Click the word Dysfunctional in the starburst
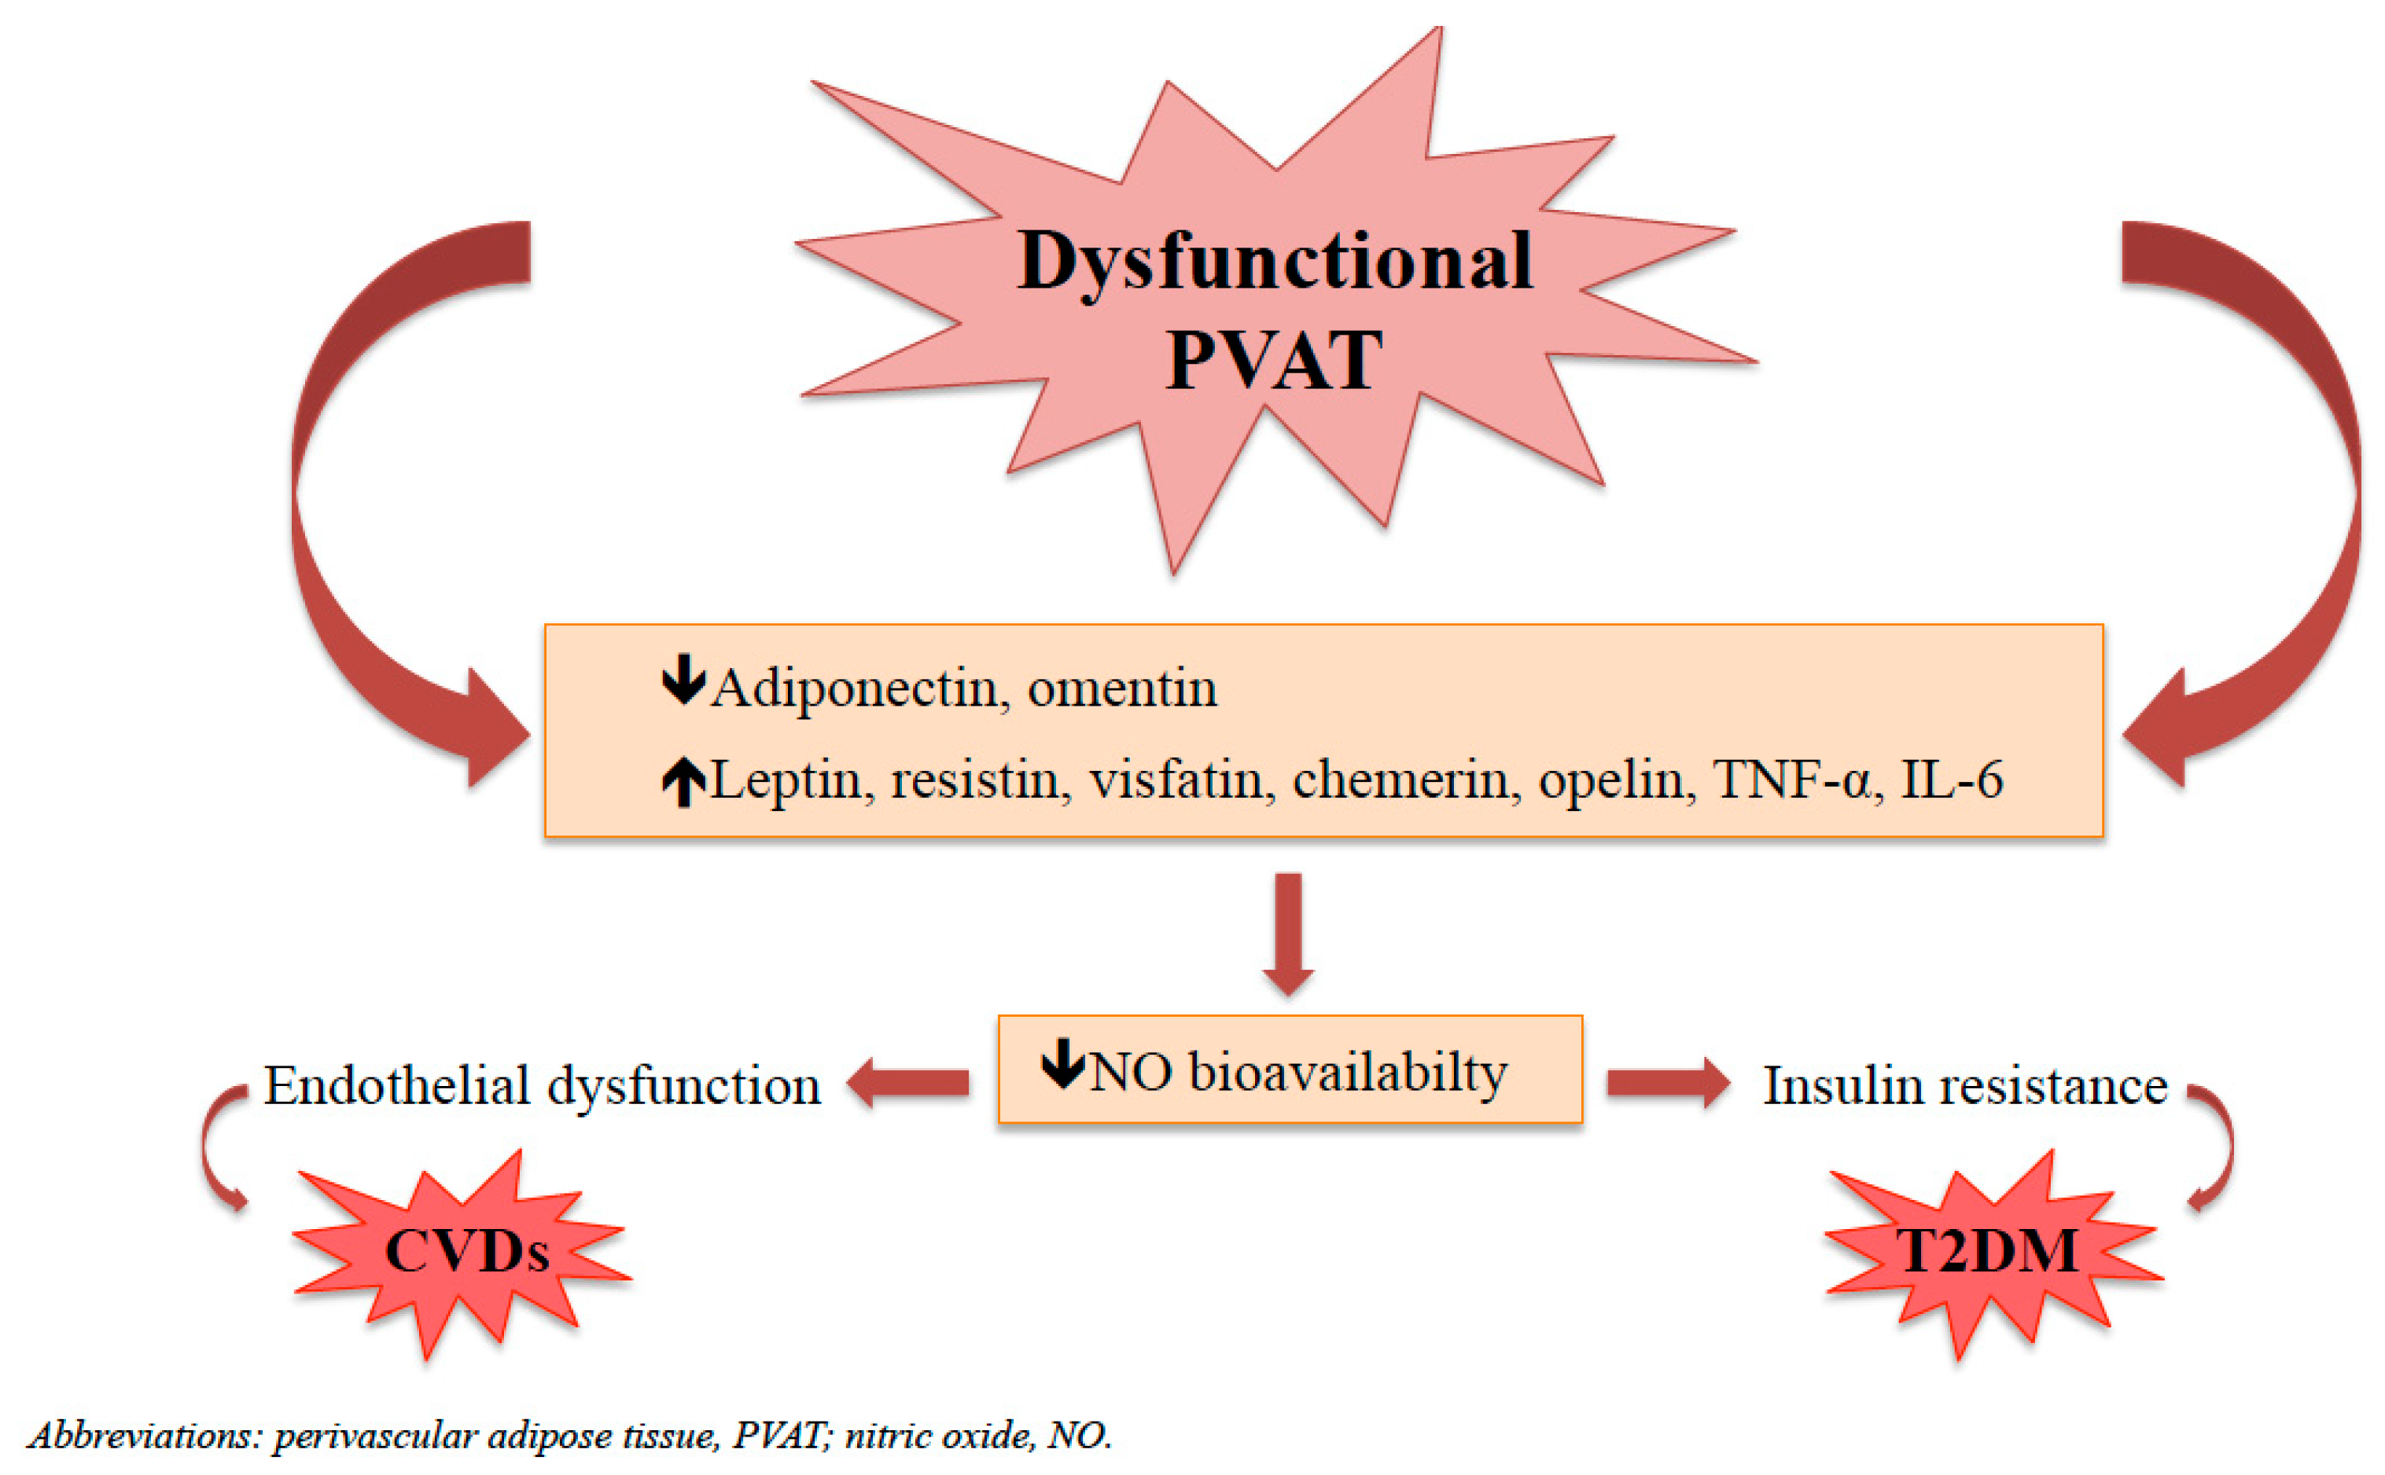pyautogui.click(x=1274, y=262)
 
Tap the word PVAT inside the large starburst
pyautogui.click(x=1274, y=361)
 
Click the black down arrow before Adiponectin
pyautogui.click(x=683, y=679)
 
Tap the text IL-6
pyautogui.click(x=1951, y=780)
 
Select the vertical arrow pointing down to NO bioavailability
pyautogui.click(x=1288, y=932)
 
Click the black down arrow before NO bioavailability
pyautogui.click(x=1062, y=1063)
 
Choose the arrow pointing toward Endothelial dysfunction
pyautogui.click(x=907, y=1083)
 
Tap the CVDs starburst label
pyautogui.click(x=466, y=1252)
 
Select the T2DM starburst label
pyautogui.click(x=1987, y=1252)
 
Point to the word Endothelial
pyautogui.click(x=398, y=1086)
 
